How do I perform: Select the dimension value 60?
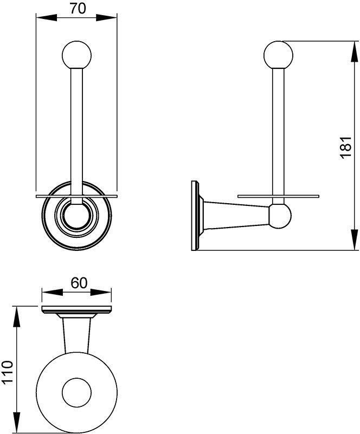[x=78, y=283]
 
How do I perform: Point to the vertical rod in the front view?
[x=76, y=130]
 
